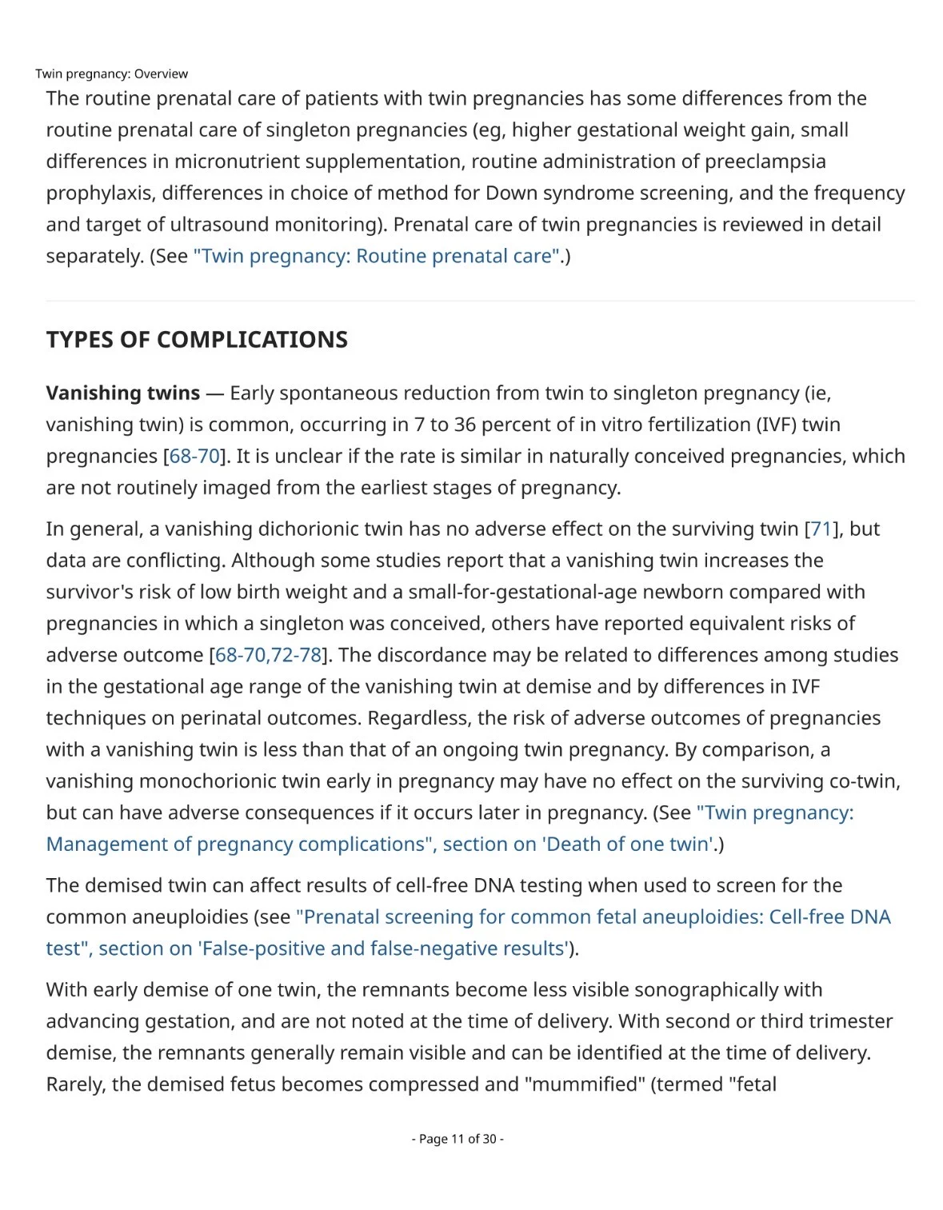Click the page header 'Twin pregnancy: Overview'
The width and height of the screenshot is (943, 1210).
[x=111, y=74]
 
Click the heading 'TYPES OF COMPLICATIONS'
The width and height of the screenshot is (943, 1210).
[x=197, y=340]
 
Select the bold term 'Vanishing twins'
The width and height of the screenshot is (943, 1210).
[x=122, y=393]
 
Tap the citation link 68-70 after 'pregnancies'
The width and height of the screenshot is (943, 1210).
[x=194, y=456]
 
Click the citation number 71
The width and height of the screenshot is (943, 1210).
[x=821, y=529]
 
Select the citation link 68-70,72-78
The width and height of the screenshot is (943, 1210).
[x=268, y=655]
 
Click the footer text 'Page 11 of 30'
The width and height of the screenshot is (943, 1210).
[x=458, y=1139]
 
